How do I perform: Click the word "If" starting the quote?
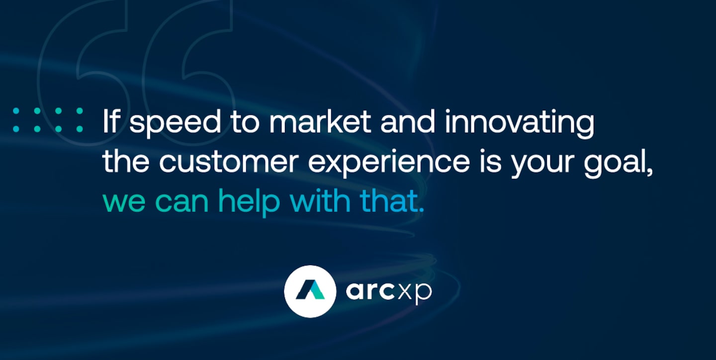111,121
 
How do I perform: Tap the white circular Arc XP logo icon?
310,291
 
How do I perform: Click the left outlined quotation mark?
82,55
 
